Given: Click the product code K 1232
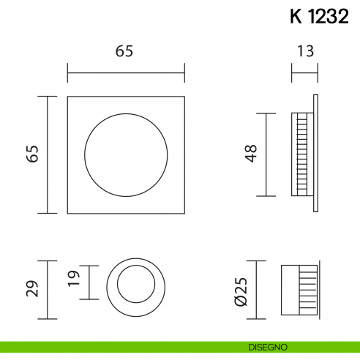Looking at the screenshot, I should (x=319, y=18).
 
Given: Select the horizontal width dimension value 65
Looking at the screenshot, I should (x=126, y=51).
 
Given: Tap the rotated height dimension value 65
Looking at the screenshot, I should (x=31, y=154).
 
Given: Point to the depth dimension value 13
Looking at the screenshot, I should (x=306, y=51).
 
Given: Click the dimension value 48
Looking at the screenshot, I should (x=251, y=154).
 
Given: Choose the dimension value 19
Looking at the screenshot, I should (x=73, y=282).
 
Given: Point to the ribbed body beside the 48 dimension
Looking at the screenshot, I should (x=300, y=154).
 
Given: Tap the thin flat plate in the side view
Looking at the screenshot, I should (x=315, y=154).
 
